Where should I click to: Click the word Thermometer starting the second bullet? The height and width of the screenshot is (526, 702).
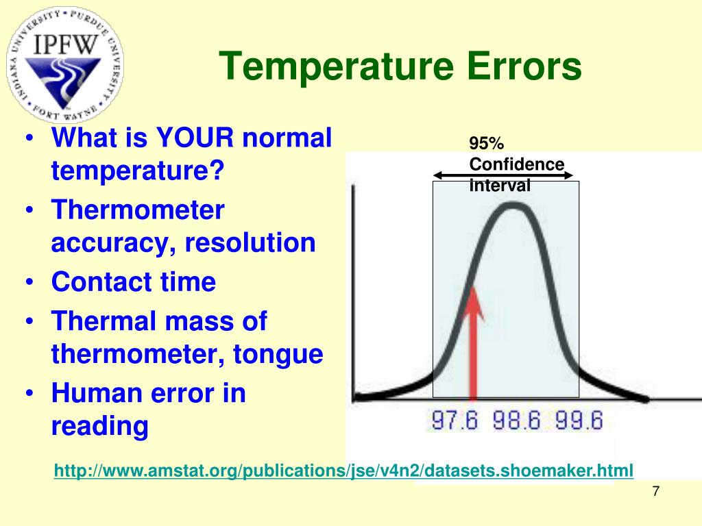[x=138, y=210]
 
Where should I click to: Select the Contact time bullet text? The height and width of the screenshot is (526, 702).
[x=133, y=282]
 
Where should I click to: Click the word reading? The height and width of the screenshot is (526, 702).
[x=99, y=426]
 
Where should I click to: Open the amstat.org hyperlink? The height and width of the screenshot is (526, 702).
[x=343, y=471]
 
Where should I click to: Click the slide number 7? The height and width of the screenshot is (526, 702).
[x=655, y=492]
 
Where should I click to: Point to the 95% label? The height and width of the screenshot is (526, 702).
[x=486, y=143]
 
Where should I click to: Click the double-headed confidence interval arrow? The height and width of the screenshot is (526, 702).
[x=503, y=176]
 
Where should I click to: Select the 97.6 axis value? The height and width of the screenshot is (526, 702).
[x=455, y=420]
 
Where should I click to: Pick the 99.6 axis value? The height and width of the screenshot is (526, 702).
[x=579, y=420]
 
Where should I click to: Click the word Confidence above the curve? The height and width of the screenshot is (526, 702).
[x=516, y=164]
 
